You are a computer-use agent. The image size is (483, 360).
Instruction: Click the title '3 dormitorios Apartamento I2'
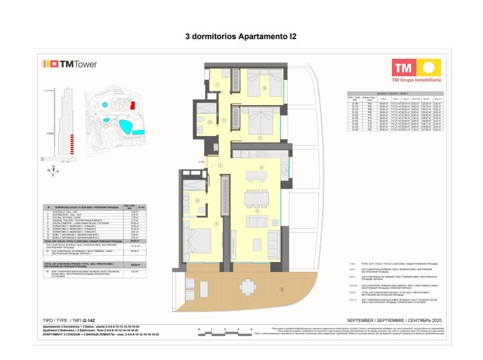pos(241,36)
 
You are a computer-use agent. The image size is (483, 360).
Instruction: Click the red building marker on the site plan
pos(133,106)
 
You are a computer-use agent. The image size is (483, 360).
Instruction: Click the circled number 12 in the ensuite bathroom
pos(198,201)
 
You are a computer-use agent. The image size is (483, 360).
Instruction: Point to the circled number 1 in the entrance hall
pos(220,166)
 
